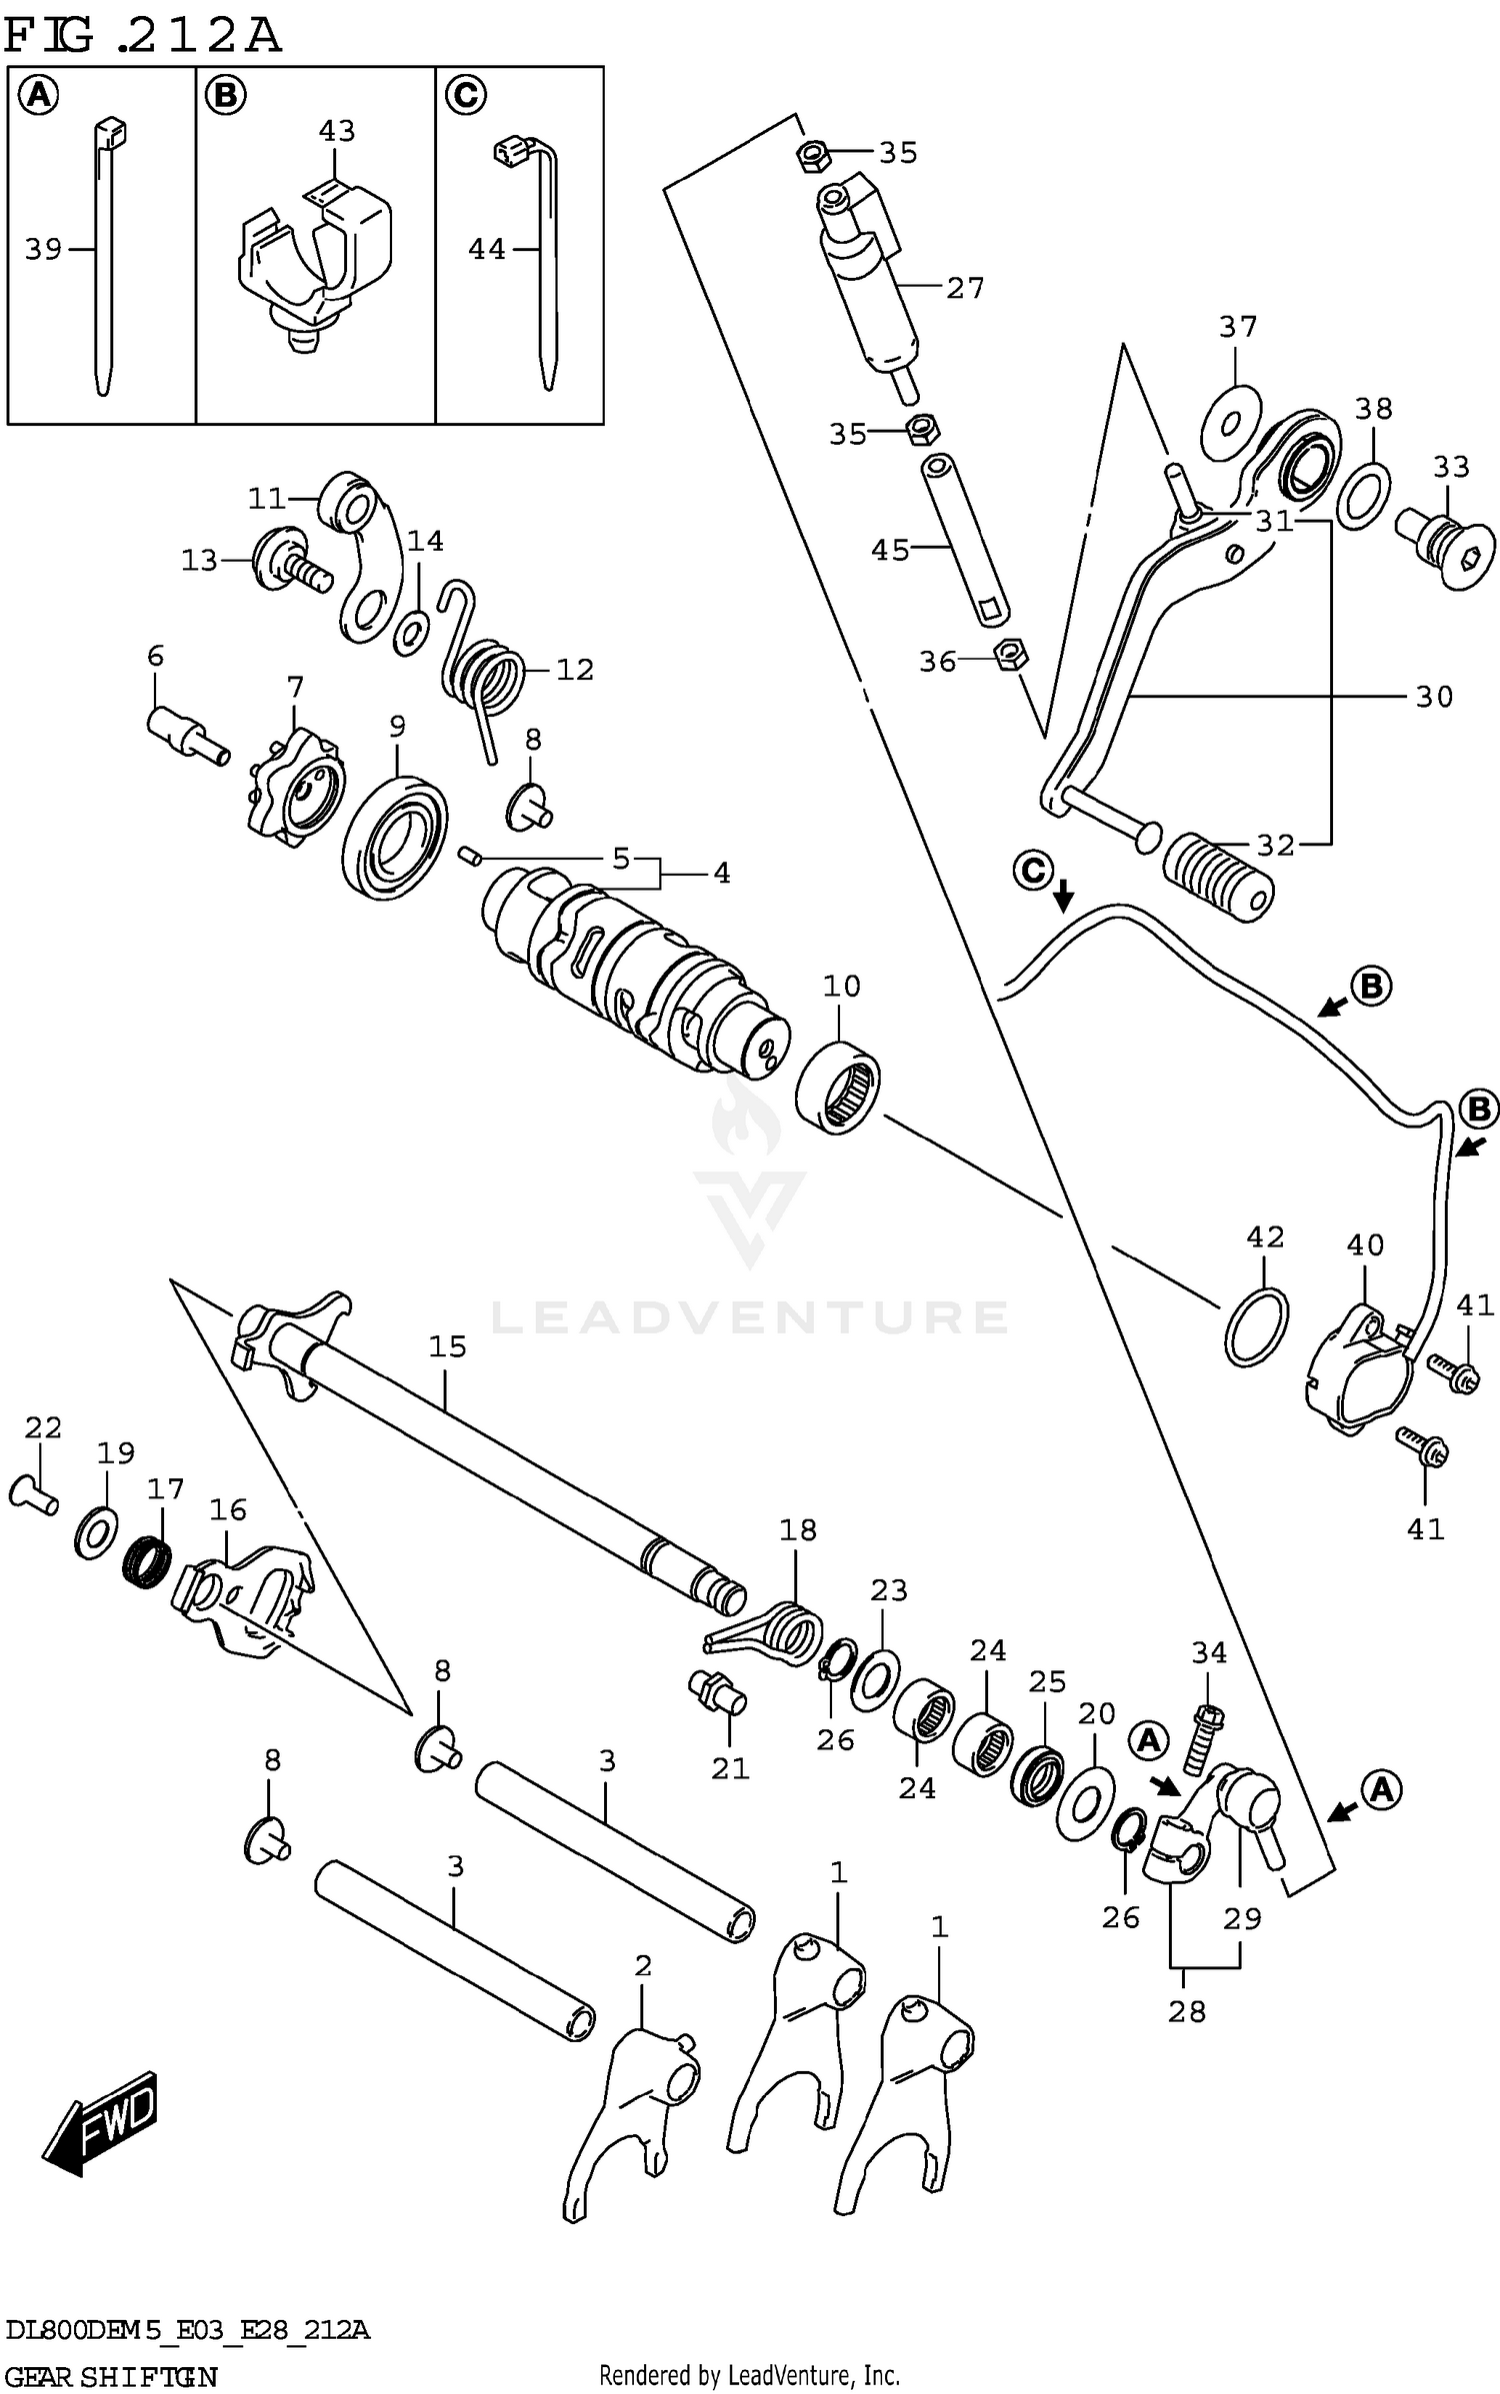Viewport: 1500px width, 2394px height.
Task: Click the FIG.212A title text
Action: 142,36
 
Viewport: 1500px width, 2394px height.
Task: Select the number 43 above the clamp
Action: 337,131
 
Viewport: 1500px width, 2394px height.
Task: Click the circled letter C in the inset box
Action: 464,96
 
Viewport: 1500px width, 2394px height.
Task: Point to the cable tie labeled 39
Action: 105,260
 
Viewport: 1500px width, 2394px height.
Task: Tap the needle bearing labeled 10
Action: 838,1087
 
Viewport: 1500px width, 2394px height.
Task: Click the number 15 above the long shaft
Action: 447,1346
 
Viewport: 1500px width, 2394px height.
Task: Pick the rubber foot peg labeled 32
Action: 1218,876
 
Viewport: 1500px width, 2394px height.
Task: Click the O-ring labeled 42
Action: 1256,1326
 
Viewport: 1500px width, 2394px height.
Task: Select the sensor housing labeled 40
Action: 1358,1369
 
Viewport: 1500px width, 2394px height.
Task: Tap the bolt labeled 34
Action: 1204,1738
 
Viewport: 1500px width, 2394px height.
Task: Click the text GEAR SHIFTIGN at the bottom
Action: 111,2376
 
